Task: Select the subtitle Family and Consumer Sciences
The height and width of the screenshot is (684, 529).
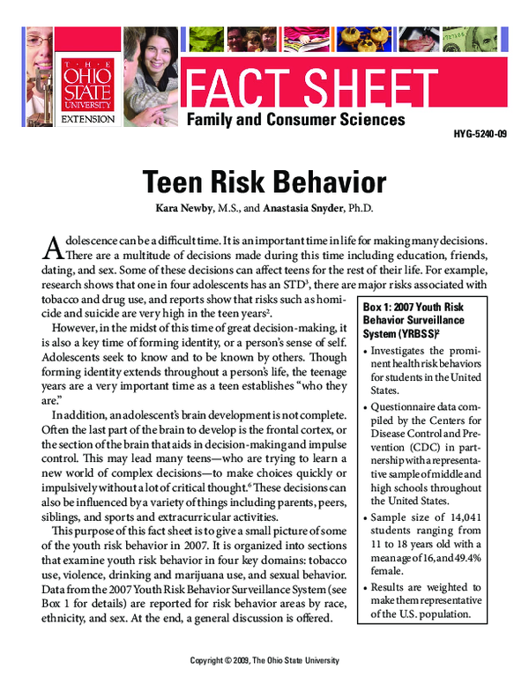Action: pos(295,119)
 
